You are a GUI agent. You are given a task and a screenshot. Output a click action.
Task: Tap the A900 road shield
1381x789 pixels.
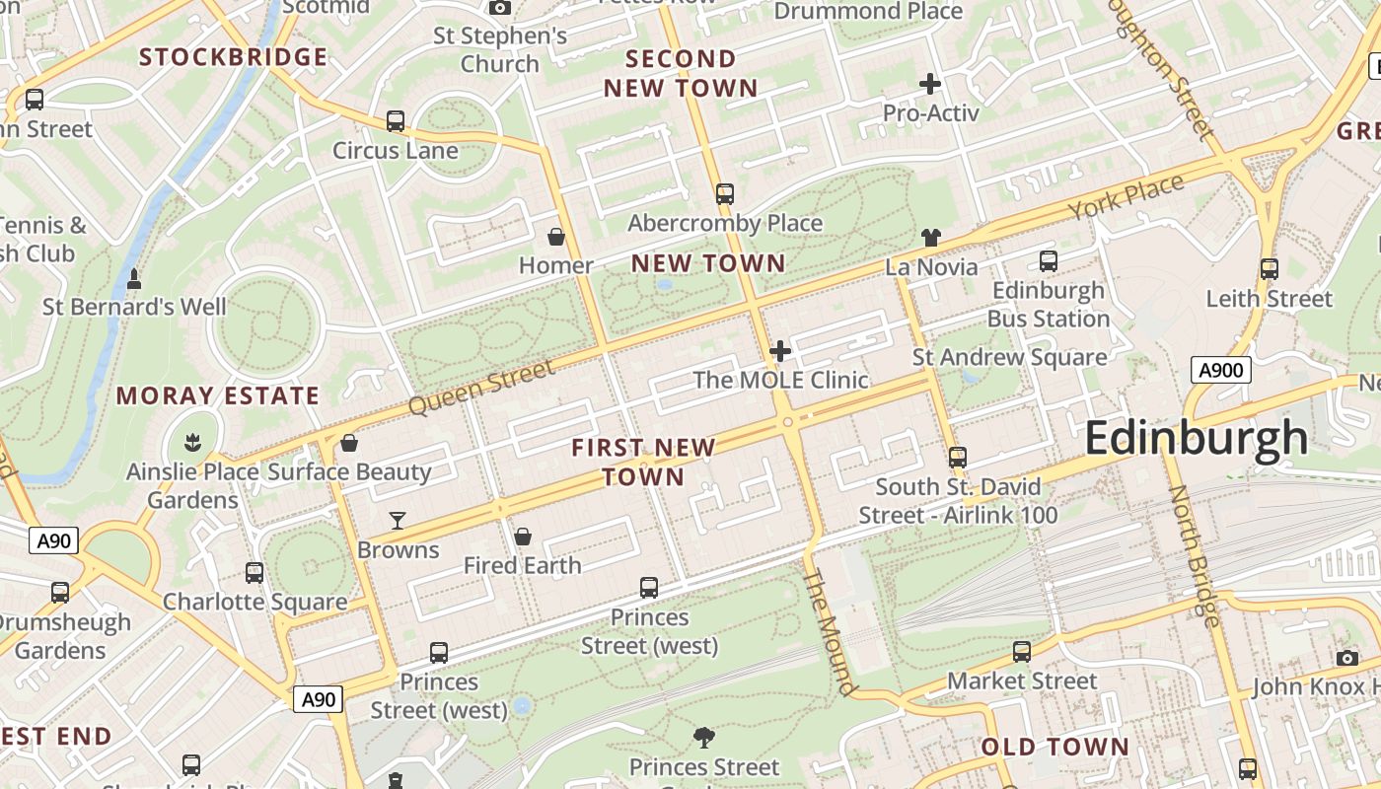point(1221,371)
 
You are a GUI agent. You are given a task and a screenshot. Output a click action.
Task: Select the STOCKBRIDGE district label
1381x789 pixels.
point(233,57)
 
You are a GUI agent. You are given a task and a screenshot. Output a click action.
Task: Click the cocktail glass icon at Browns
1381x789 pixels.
point(398,520)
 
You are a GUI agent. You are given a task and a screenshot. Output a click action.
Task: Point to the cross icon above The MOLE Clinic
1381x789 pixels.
point(780,350)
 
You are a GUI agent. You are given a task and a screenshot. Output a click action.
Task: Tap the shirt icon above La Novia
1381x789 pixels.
point(931,237)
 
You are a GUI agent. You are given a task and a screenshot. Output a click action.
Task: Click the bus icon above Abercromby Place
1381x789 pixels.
point(725,193)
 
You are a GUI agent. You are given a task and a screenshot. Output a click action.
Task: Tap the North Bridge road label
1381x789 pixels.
point(1194,555)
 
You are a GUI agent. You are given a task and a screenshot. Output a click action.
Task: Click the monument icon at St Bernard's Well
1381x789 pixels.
point(134,279)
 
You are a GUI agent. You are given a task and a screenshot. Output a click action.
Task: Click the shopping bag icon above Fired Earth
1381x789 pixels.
point(523,537)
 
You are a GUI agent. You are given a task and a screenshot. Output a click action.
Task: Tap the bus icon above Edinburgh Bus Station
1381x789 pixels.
point(1049,261)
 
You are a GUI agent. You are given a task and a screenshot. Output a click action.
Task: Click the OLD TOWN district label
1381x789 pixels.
point(1054,747)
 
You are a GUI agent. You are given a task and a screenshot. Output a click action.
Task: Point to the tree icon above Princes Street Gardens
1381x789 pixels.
point(703,737)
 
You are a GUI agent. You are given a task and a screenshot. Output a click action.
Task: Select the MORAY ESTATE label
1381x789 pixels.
point(218,396)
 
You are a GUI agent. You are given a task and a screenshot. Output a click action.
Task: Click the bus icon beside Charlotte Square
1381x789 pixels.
point(254,572)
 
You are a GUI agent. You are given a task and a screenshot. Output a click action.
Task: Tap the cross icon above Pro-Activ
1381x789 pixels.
point(929,84)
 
